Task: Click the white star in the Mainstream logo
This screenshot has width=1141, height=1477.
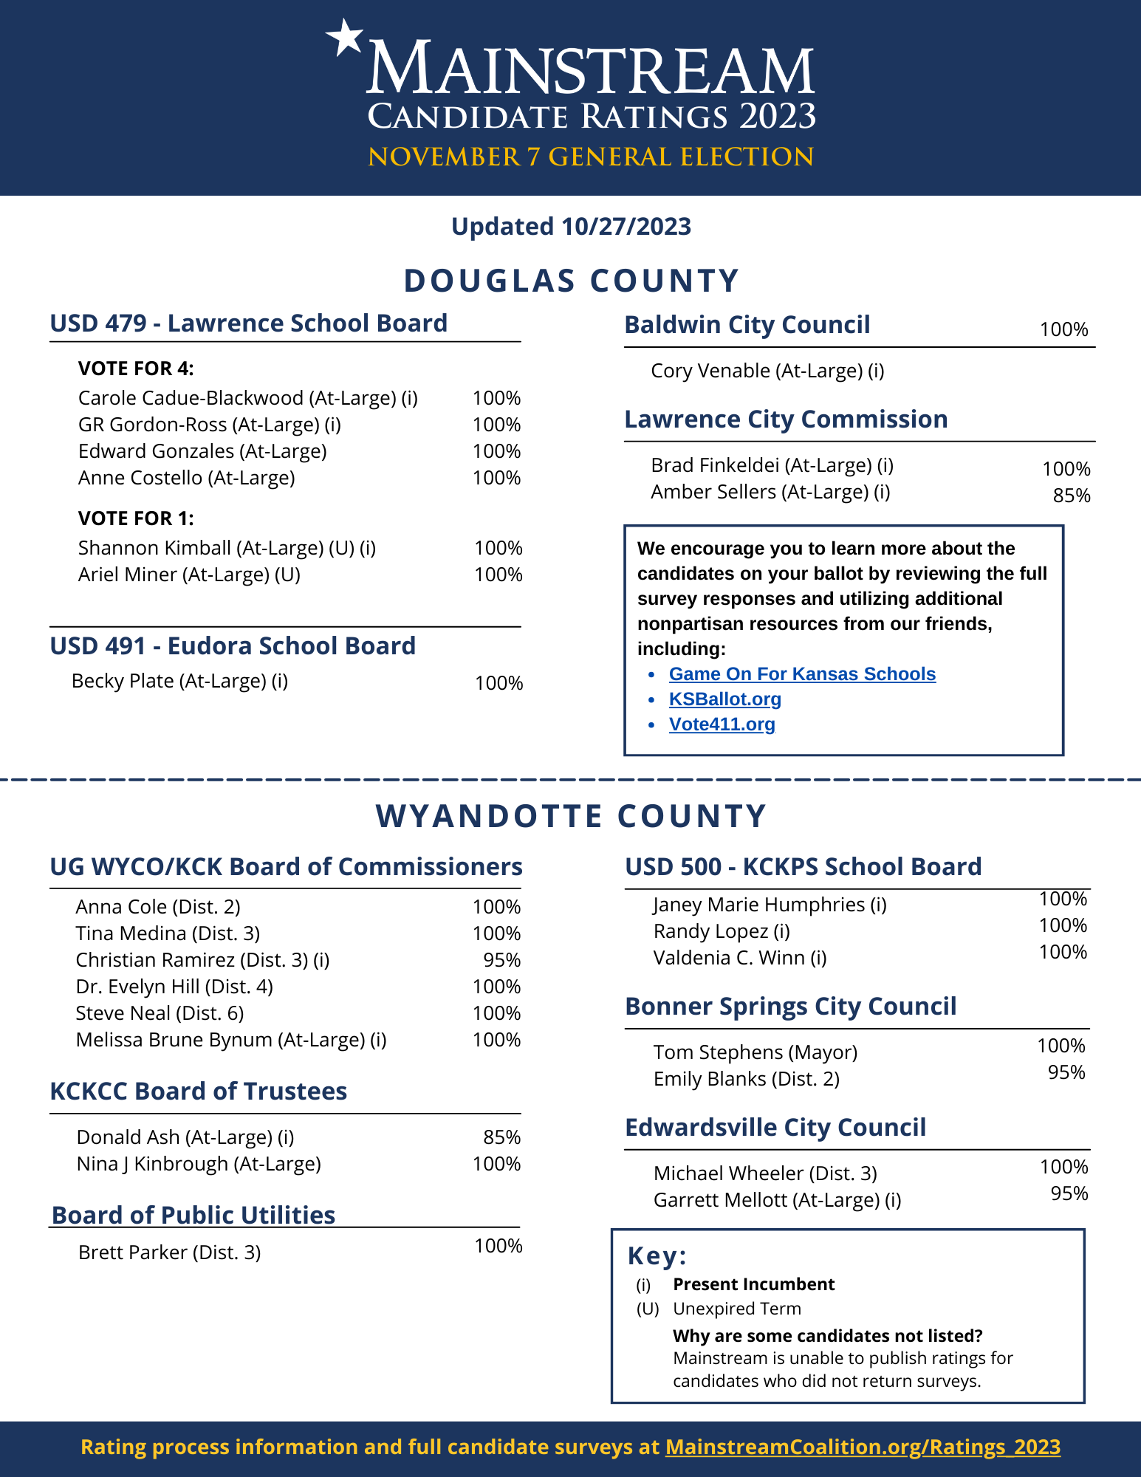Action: coord(345,37)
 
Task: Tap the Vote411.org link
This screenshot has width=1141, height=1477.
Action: coord(722,724)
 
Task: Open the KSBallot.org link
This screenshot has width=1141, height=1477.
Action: coord(724,699)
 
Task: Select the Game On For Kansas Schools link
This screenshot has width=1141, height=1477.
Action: coord(802,674)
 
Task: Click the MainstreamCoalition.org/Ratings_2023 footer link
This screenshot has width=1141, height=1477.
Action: coord(863,1447)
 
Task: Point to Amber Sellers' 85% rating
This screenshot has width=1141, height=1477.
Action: coord(1072,496)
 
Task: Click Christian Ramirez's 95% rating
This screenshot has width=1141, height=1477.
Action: coord(502,960)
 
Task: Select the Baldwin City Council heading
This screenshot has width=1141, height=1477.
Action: coord(747,325)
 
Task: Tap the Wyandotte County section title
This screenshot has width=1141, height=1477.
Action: coord(571,817)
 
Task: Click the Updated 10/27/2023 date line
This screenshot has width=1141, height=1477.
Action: coord(571,227)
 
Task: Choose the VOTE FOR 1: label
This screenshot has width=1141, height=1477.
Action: coord(136,518)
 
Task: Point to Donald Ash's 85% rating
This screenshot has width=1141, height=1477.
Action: coord(502,1137)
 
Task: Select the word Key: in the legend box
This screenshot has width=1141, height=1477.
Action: coord(657,1255)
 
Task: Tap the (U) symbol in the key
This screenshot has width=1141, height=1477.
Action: coord(648,1309)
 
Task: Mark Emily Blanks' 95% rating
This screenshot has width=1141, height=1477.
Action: coord(1066,1072)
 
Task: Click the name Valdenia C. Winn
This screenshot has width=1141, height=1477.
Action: coord(739,958)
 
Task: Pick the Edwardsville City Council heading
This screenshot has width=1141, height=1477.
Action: coord(775,1128)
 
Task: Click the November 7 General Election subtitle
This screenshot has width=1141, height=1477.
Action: coord(591,157)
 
